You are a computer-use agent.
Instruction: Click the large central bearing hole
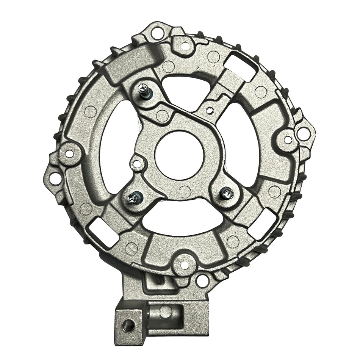[179, 155]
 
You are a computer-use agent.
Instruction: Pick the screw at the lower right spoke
[227, 193]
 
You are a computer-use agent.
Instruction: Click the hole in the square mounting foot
[129, 325]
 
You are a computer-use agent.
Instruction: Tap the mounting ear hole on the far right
[303, 133]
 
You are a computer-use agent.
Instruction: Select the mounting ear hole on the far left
[55, 178]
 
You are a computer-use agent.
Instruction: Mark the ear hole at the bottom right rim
[202, 281]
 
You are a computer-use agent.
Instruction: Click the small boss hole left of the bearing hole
[137, 164]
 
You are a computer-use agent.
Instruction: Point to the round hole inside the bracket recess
[165, 311]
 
